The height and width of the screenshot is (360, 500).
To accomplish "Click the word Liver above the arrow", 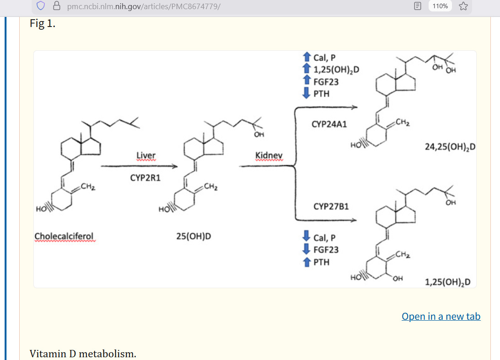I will click(146, 156).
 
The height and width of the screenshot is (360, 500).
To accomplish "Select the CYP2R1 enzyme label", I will click(145, 178).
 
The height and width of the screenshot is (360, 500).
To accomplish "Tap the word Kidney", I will click(269, 156).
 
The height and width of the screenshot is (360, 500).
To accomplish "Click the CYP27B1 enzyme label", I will click(331, 207).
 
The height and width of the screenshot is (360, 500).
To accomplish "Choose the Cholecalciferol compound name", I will click(64, 236).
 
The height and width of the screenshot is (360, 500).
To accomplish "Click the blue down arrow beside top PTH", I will click(306, 94).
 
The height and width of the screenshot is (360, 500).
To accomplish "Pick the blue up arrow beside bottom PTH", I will click(306, 262).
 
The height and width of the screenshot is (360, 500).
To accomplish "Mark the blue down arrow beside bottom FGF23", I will click(306, 250).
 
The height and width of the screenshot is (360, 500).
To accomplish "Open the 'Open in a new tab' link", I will click(441, 317).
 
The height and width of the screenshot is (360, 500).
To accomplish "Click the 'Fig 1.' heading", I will click(43, 24).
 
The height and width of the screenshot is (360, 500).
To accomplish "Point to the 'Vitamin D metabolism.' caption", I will click(83, 354).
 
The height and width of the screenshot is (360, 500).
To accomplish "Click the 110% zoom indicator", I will click(441, 6).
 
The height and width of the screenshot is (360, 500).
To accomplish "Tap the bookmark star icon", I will click(463, 6).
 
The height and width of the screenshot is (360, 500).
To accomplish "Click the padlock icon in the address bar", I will click(57, 6).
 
